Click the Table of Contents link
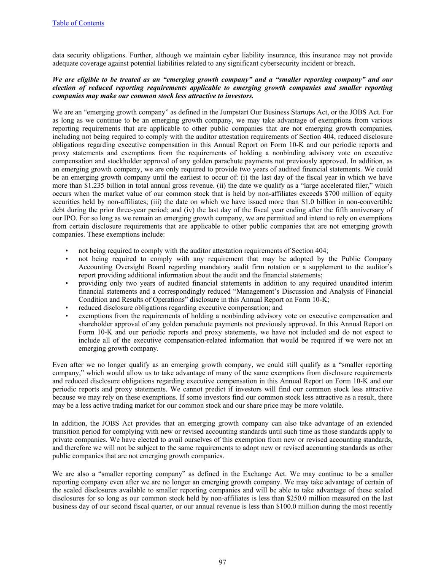tap(78, 23)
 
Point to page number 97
tap(223, 562)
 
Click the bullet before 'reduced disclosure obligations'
tap(67, 308)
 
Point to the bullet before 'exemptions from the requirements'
tap(67, 316)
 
